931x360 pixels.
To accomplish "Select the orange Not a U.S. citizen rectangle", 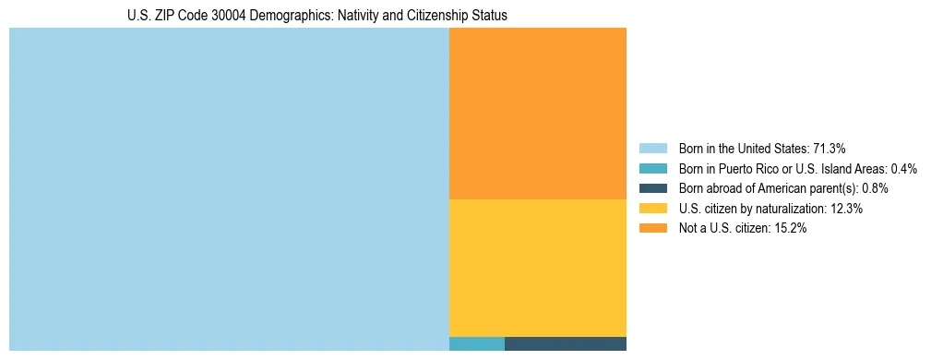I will pyautogui.click(x=537, y=114).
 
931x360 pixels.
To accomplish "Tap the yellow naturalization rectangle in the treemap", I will pyautogui.click(x=537, y=268).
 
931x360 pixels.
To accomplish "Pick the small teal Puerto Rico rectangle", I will pyautogui.click(x=476, y=344).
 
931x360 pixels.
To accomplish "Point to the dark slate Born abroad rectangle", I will pyautogui.click(x=565, y=344).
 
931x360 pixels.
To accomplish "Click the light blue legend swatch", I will pyautogui.click(x=652, y=149).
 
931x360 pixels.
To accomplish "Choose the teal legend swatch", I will pyautogui.click(x=652, y=169).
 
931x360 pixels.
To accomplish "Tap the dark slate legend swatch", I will pyautogui.click(x=652, y=188).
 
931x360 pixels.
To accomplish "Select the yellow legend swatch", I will pyautogui.click(x=652, y=209).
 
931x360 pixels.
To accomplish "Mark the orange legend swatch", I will pyautogui.click(x=652, y=229).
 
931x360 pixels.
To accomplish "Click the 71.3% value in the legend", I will pyautogui.click(x=830, y=149).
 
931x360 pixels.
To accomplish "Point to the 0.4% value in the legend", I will pyautogui.click(x=903, y=169).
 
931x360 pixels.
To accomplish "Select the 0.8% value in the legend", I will pyautogui.click(x=875, y=188).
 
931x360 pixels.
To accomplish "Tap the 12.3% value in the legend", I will pyautogui.click(x=846, y=209).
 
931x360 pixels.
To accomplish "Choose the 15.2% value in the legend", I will pyautogui.click(x=791, y=229).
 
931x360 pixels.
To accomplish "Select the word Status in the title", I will pyautogui.click(x=488, y=16).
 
